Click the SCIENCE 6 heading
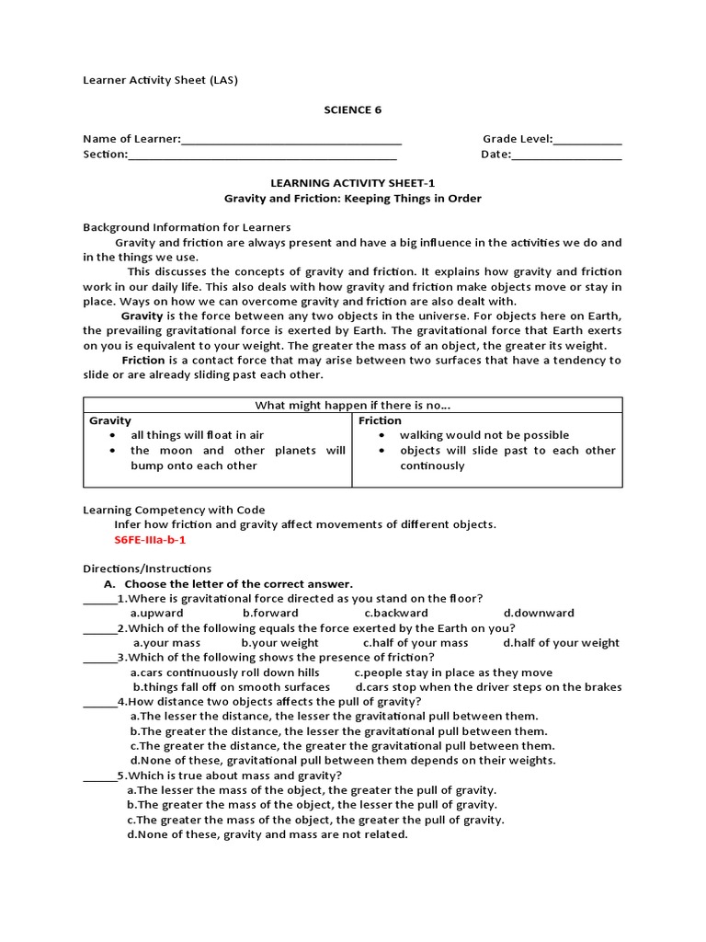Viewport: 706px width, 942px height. coord(352,110)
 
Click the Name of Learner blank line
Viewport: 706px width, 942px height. coord(291,140)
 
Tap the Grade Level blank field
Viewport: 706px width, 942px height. coord(587,140)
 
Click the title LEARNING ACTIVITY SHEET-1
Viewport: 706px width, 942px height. coord(352,183)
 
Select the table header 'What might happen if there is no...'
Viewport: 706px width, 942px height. coord(353,406)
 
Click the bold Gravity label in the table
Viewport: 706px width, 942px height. coord(110,420)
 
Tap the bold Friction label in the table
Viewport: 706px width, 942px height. coord(380,420)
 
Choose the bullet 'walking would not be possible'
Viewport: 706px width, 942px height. coord(484,435)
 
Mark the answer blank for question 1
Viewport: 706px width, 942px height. coord(99,599)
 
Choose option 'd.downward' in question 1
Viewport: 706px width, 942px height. coord(539,614)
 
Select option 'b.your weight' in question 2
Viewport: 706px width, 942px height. coord(279,643)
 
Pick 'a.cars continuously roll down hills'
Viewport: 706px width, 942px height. coord(224,672)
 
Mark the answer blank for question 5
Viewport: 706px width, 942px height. coord(99,775)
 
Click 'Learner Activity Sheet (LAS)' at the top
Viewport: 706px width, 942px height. coord(160,81)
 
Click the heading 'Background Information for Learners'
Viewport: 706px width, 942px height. coord(187,227)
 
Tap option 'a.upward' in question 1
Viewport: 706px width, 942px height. coord(156,614)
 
